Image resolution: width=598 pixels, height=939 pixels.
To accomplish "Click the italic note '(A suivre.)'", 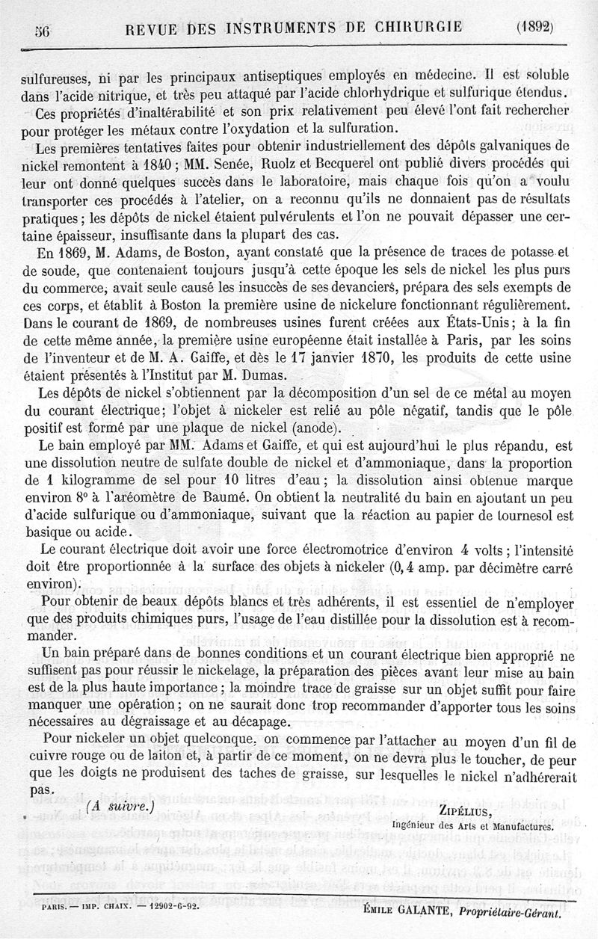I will [x=120, y=807].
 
